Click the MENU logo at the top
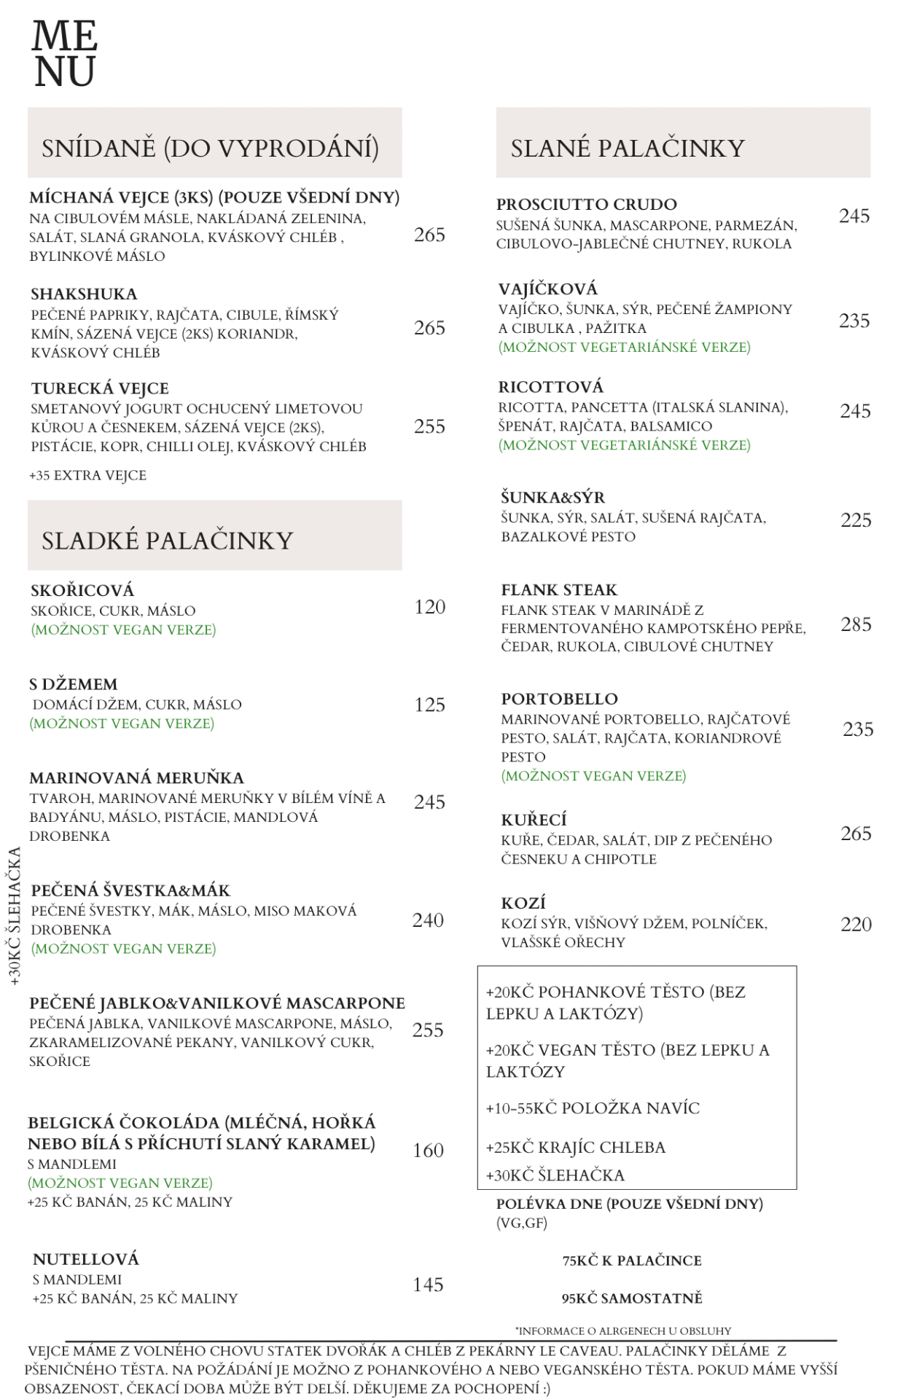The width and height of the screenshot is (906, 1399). [65, 54]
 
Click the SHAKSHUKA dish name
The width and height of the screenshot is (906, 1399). [84, 294]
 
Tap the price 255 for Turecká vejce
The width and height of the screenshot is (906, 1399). [429, 426]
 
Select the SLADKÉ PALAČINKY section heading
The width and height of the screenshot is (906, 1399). [167, 541]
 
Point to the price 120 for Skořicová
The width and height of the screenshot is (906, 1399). [429, 607]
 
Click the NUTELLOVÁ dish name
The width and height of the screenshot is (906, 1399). [85, 1259]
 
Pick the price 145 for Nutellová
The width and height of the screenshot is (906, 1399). [428, 1285]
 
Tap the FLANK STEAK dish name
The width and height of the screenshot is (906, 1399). [559, 590]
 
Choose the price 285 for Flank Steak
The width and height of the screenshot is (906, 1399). [856, 624]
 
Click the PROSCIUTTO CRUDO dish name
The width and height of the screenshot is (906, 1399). [587, 205]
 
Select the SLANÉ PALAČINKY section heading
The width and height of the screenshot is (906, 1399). [628, 149]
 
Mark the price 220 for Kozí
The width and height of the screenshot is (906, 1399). [856, 925]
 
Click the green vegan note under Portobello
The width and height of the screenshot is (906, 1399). [593, 776]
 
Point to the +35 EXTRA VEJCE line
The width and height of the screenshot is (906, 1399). [87, 476]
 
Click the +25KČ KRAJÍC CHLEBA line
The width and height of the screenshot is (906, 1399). [575, 1148]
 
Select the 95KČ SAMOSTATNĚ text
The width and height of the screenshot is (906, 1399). [632, 1298]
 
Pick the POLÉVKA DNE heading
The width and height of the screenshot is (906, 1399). [629, 1204]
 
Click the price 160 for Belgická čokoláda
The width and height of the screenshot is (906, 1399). [428, 1151]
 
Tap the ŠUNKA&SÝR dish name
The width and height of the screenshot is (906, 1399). [552, 498]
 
